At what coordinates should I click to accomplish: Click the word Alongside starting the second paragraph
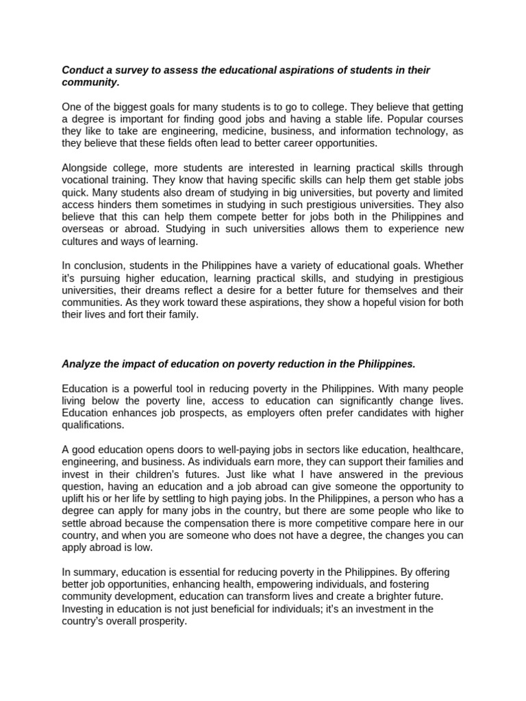point(87,168)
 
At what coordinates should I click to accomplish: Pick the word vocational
point(86,180)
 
